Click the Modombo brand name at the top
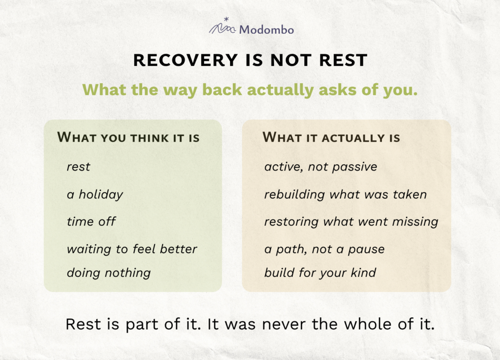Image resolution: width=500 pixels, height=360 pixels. [266, 30]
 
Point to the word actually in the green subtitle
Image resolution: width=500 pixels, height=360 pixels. [280, 90]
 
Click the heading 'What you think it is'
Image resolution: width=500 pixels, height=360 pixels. [128, 137]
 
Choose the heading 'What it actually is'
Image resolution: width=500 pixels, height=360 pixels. [332, 137]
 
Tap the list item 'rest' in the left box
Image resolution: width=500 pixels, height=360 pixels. [79, 167]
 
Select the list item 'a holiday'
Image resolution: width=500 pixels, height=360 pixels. [95, 194]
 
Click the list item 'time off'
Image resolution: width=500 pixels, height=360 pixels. [91, 221]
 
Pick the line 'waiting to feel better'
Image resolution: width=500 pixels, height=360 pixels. [132, 249]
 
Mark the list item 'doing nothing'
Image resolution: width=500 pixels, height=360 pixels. [109, 273]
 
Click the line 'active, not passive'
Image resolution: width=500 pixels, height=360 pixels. [321, 167]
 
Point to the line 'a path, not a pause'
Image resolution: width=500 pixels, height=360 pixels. [325, 249]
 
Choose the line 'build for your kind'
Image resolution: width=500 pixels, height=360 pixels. [320, 273]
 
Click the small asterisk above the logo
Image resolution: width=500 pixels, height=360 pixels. [227, 19]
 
